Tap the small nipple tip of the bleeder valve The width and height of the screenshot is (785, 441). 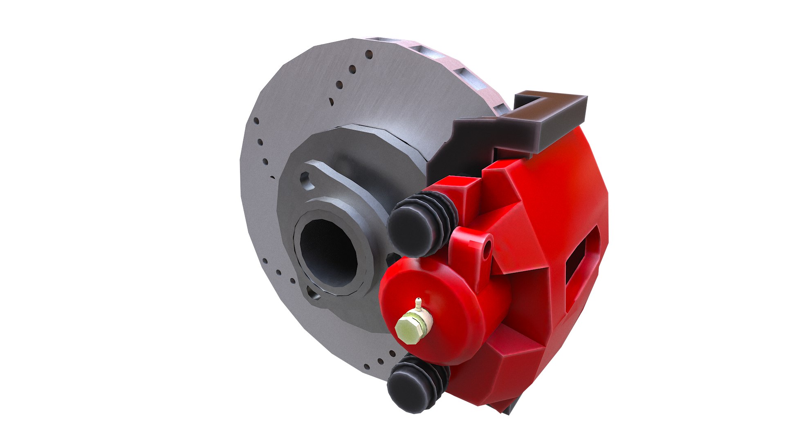click(417, 302)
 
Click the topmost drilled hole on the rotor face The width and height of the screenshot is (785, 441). click(369, 54)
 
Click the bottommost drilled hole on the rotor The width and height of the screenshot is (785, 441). click(381, 361)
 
